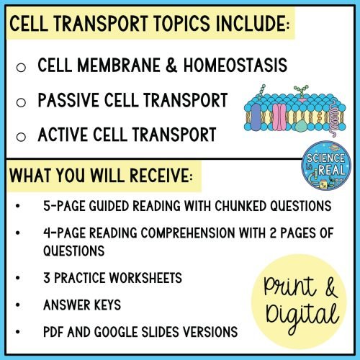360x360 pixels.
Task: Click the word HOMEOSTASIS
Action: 235,65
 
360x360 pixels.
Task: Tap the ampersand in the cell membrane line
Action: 171,65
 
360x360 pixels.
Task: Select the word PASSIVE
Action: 68,100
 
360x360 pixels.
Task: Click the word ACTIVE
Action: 63,135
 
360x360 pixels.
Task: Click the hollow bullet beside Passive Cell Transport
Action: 21,102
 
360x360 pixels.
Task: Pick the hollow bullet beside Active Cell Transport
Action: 21,137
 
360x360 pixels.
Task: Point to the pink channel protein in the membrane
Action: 279,117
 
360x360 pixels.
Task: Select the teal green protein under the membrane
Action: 301,126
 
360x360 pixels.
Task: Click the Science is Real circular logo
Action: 326,166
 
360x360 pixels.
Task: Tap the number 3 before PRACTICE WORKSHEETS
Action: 47,278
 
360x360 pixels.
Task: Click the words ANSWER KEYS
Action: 82,305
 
